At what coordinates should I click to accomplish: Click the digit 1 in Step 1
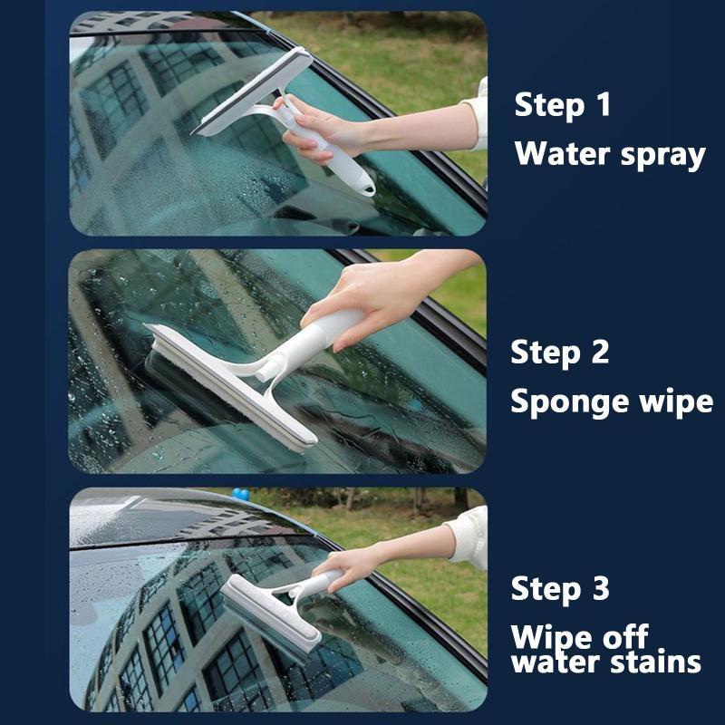604,104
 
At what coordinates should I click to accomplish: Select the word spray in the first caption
663,157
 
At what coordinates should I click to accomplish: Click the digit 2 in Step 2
600,352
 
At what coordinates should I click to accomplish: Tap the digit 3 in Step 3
600,588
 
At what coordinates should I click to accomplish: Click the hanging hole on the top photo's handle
369,188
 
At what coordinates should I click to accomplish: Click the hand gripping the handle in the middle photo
370,301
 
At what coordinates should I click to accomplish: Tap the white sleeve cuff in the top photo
477,116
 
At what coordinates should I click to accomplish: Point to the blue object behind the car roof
241,494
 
